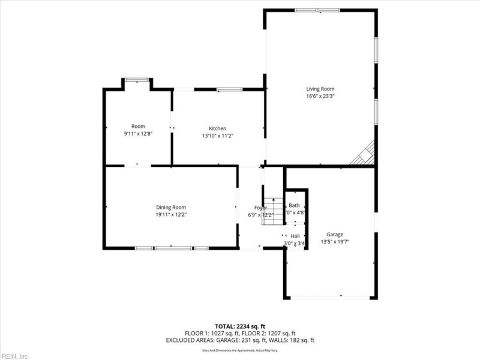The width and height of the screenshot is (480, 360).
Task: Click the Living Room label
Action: coord(320,89)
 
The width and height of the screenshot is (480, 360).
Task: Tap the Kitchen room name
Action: coord(217,128)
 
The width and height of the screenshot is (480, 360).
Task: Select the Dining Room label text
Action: coord(171,207)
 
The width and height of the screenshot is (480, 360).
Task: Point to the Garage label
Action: coord(335,235)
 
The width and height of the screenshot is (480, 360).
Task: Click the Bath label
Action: coord(294,205)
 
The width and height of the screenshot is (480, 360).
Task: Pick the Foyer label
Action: coord(260,208)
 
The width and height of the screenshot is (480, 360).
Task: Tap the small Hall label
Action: coord(295,236)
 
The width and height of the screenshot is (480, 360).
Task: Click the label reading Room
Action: coord(138,126)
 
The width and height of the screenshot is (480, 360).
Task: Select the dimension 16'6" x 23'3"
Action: coord(320,96)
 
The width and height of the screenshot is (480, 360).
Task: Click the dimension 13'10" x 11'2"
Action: coord(217,136)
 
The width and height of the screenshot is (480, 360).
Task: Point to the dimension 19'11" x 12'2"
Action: coord(171,214)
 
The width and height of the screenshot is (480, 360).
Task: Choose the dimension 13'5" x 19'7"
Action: coord(335,242)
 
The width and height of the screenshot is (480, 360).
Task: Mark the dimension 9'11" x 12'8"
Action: coord(138,133)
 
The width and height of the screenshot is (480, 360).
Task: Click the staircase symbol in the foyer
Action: coord(274,211)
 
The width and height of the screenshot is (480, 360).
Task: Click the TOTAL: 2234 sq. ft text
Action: coord(240,326)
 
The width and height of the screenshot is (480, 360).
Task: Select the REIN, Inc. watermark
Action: coord(15,356)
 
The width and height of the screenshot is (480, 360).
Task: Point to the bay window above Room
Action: coord(137,79)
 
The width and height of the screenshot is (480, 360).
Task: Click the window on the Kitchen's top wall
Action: coord(226,89)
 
